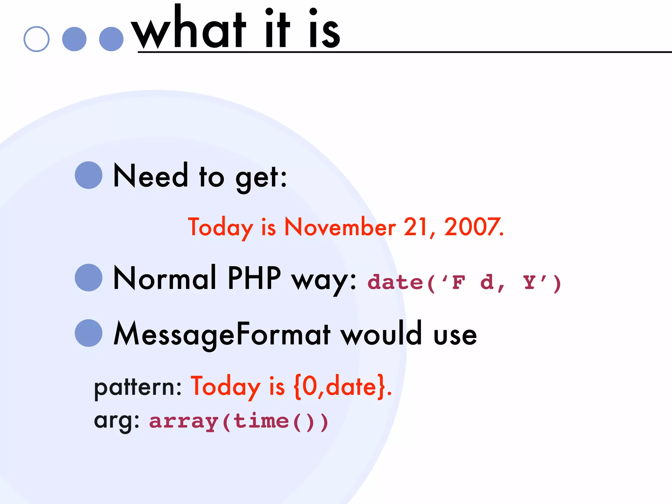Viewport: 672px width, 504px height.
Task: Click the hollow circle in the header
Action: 36,39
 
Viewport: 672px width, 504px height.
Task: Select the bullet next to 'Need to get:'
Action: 89,175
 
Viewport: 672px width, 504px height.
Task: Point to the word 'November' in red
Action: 340,227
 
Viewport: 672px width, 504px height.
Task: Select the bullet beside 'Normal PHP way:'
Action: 89,278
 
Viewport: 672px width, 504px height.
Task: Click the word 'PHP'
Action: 254,278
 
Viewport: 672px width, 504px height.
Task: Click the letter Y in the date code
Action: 529,282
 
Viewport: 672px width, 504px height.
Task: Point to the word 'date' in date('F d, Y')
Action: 395,283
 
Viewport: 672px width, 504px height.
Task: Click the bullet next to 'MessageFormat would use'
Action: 89,333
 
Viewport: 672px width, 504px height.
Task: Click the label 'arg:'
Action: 117,421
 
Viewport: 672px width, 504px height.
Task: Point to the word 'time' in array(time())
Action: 261,421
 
